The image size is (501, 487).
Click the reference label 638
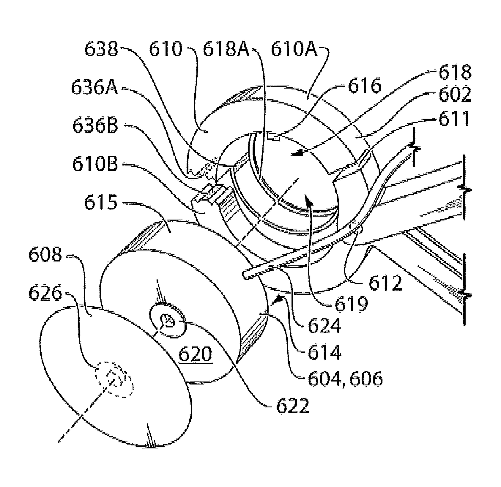(101, 50)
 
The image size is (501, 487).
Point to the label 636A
(94, 88)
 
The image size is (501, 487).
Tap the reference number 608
(45, 255)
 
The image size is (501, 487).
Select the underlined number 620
(196, 355)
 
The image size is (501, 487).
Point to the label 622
(293, 405)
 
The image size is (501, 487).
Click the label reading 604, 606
(345, 379)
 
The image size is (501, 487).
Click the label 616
(365, 87)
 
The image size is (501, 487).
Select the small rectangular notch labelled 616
(274, 138)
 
